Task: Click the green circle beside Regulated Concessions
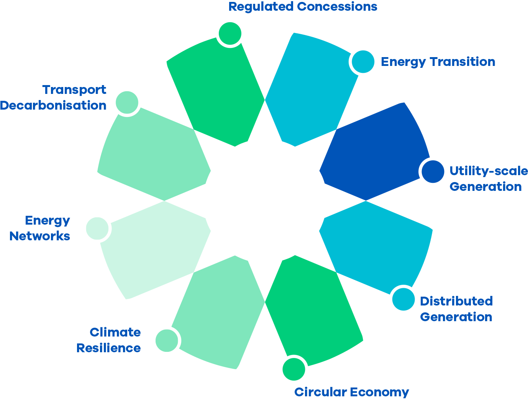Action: point(230,33)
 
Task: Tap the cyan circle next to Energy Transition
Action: point(363,61)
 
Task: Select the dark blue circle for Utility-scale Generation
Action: point(433,171)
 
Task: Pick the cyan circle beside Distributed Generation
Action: point(403,299)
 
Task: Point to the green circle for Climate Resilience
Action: point(167,340)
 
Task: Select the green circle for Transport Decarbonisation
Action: point(127,103)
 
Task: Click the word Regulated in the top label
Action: point(261,7)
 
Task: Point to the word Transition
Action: point(462,62)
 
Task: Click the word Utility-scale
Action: point(489,171)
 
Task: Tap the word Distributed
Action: point(456,301)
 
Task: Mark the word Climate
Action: point(115,332)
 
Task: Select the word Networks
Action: point(40,236)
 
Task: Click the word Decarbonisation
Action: point(53,105)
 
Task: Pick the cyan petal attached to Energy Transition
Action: point(310,92)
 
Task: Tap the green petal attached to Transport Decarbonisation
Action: point(153,153)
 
